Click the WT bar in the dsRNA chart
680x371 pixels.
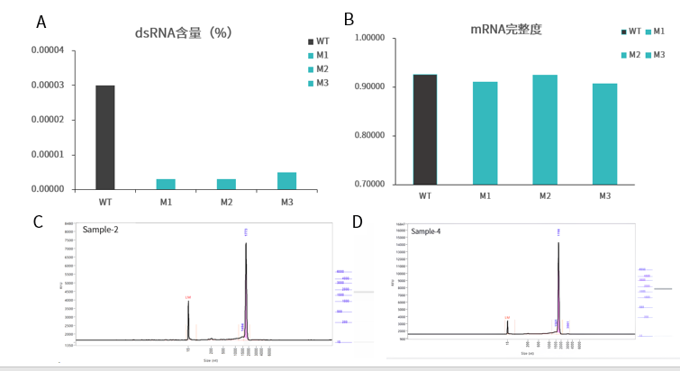pyautogui.click(x=104, y=137)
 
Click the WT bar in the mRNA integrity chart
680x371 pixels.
pyautogui.click(x=425, y=130)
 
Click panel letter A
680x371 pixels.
pyautogui.click(x=41, y=22)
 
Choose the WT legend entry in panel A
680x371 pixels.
pyautogui.click(x=317, y=41)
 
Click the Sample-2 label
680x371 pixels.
pyautogui.click(x=102, y=231)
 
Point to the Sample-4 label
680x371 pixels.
pyautogui.click(x=426, y=231)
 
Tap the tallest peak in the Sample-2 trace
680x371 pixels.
pyautogui.click(x=246, y=245)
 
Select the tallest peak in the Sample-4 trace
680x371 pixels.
pyautogui.click(x=558, y=244)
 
